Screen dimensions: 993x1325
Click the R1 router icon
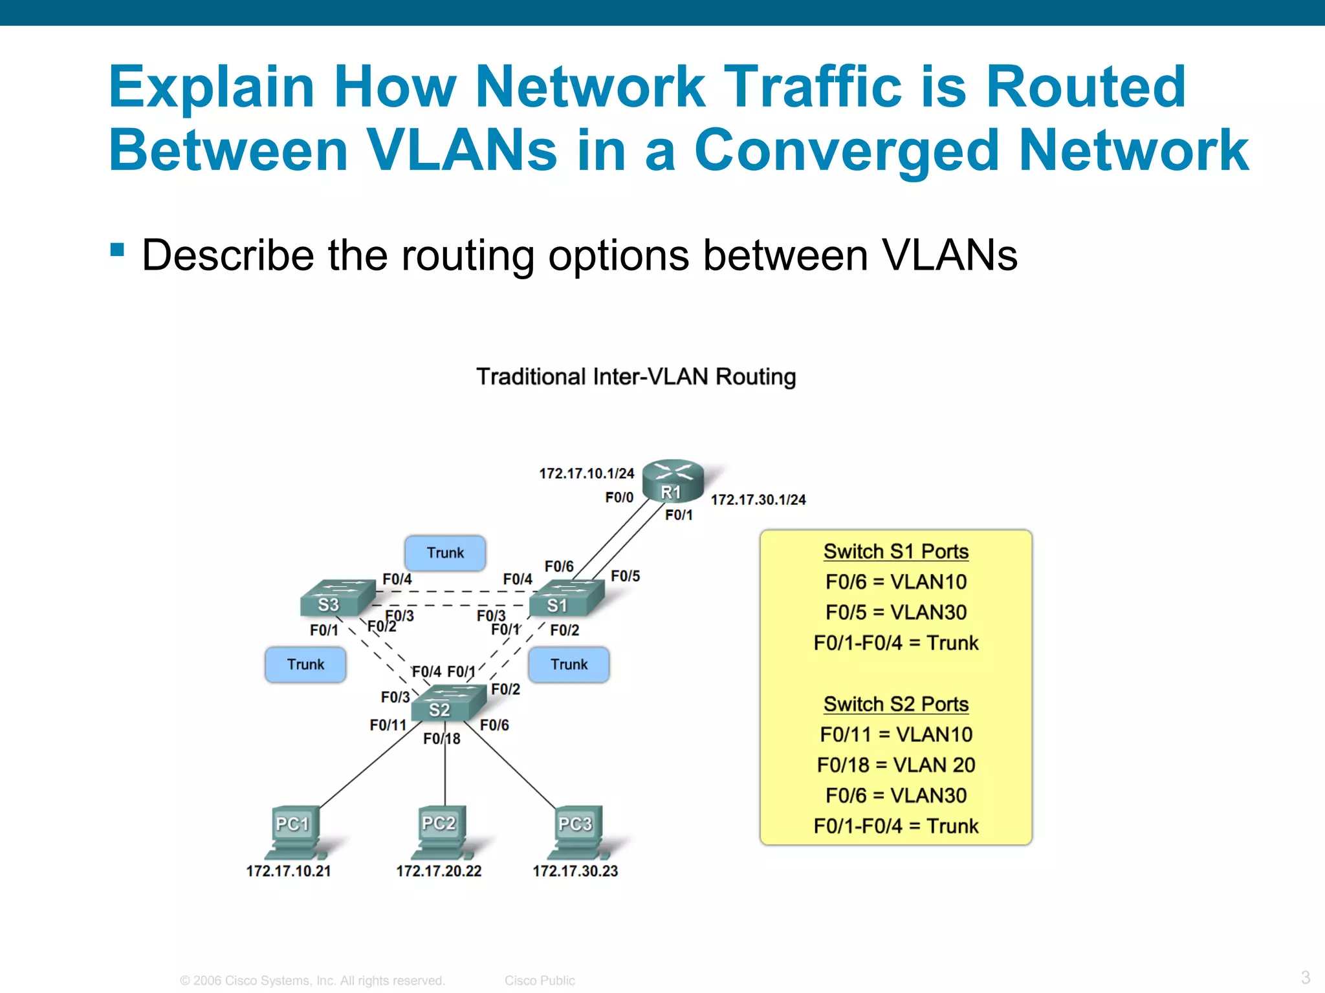click(673, 482)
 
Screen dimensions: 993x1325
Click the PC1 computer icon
click(296, 831)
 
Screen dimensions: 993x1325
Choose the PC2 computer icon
click(442, 831)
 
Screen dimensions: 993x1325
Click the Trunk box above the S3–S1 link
click(445, 553)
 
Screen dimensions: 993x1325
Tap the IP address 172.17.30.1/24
click(758, 500)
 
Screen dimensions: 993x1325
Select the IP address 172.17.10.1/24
click(586, 473)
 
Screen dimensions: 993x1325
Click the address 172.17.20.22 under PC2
click(439, 871)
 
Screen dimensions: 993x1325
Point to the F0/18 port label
click(442, 738)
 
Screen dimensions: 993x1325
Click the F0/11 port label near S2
click(388, 725)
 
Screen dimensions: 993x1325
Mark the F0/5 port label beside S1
click(625, 575)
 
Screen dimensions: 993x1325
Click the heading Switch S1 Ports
click(895, 551)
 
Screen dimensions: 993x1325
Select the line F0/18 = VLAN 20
click(895, 765)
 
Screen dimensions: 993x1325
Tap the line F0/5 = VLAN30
click(895, 612)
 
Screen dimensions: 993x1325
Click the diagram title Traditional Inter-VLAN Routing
click(636, 376)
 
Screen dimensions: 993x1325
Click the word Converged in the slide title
click(847, 150)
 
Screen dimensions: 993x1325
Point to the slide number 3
click(1305, 977)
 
